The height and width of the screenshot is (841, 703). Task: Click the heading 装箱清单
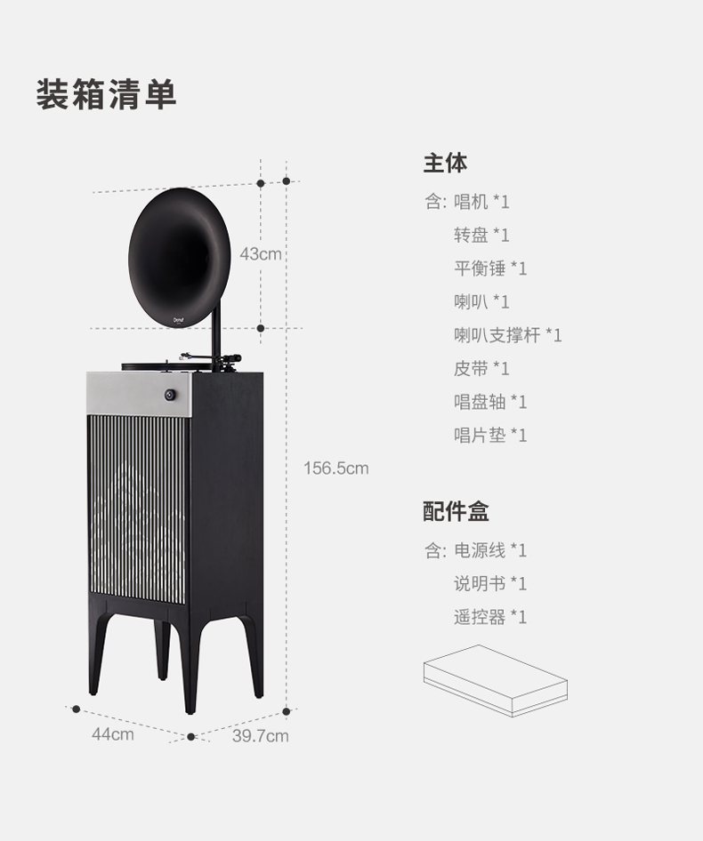pyautogui.click(x=107, y=94)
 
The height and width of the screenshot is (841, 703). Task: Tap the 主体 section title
pyautogui.click(x=445, y=164)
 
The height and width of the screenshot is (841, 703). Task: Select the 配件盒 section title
pyautogui.click(x=456, y=511)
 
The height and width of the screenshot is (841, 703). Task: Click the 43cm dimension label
pyautogui.click(x=260, y=254)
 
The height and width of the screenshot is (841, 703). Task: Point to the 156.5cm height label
pyautogui.click(x=335, y=468)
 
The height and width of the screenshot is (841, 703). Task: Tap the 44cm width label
pyautogui.click(x=112, y=734)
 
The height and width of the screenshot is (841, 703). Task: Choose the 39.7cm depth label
pyautogui.click(x=261, y=736)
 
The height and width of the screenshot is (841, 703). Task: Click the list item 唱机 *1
pyautogui.click(x=481, y=202)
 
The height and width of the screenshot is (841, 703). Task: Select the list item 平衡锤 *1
pyautogui.click(x=490, y=268)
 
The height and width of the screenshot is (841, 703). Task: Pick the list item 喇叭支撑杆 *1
pyautogui.click(x=508, y=335)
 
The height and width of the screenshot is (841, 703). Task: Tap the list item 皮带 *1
pyautogui.click(x=481, y=368)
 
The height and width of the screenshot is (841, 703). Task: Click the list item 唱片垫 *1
pyautogui.click(x=490, y=435)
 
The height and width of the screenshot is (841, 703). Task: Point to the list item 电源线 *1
pyautogui.click(x=490, y=550)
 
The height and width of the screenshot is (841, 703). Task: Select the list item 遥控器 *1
pyautogui.click(x=490, y=617)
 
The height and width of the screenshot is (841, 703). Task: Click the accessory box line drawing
pyautogui.click(x=495, y=680)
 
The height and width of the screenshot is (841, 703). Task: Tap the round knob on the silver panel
pyautogui.click(x=170, y=395)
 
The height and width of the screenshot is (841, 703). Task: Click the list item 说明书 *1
pyautogui.click(x=490, y=583)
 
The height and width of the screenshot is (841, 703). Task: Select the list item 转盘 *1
pyautogui.click(x=481, y=235)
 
